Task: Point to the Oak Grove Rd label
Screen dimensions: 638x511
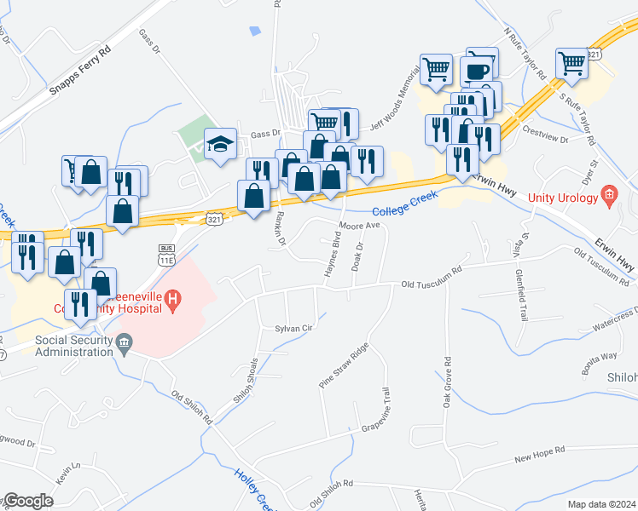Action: [446, 382]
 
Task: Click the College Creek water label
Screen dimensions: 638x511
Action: [405, 203]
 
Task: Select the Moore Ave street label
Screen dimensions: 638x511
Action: [358, 227]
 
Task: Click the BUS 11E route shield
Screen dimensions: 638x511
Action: [166, 254]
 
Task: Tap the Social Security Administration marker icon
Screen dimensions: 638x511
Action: [125, 344]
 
